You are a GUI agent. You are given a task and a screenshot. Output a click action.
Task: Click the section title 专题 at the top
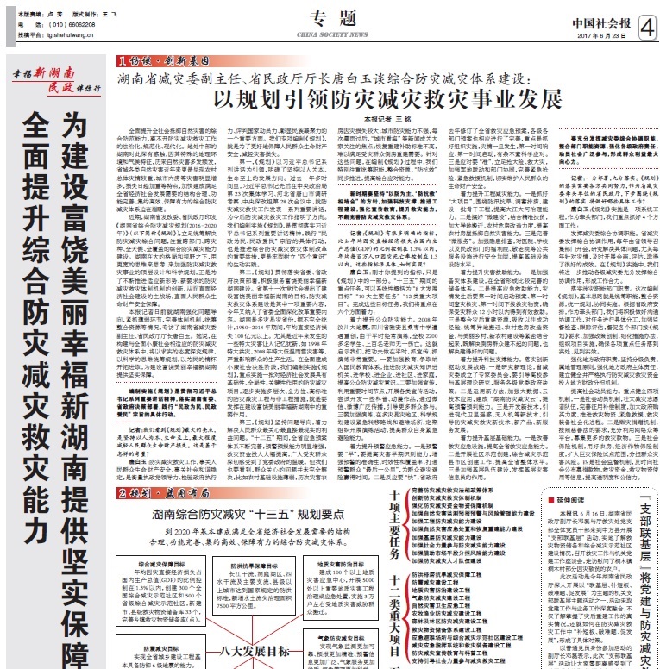330,17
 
